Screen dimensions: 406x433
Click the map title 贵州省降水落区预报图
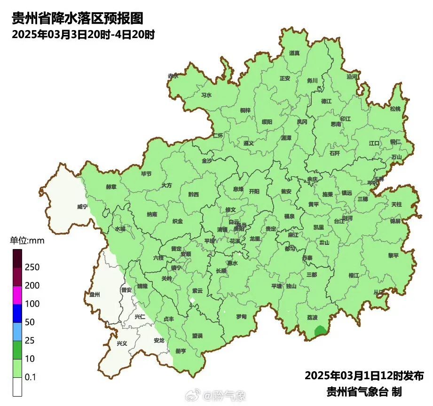coord(77,19)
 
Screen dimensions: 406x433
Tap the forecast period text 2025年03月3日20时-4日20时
coord(83,35)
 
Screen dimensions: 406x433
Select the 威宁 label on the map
coord(82,206)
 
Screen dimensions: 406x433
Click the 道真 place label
coord(294,53)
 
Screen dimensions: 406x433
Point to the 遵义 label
coord(248,143)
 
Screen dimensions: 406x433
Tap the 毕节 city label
coord(146,173)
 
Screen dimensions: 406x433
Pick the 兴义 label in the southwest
coord(122,344)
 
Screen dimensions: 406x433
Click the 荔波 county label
coord(312,317)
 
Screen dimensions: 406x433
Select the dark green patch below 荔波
coord(320,331)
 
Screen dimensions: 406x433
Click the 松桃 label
coord(395,109)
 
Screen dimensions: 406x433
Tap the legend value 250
coord(32,267)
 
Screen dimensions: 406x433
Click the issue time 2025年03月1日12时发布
coord(364,376)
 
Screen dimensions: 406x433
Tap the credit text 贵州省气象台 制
coord(364,391)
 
